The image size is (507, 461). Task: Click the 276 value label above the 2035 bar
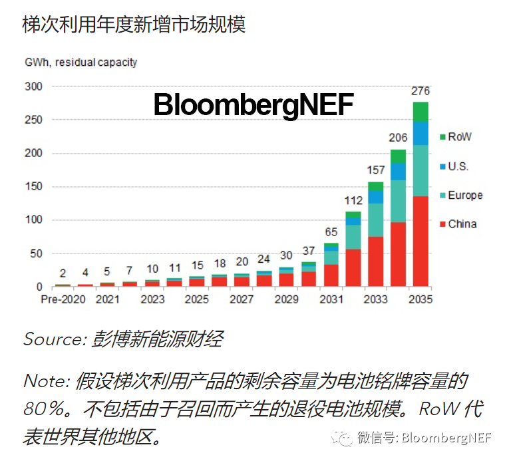click(421, 90)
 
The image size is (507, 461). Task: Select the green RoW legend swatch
click(442, 137)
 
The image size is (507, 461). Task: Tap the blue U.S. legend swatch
click(442, 166)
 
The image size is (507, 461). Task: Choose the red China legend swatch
click(442, 224)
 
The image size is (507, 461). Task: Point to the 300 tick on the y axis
click(33, 86)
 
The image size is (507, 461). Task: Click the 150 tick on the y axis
click(33, 187)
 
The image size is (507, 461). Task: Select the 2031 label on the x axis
click(331, 299)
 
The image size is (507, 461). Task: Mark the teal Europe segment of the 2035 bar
click(421, 170)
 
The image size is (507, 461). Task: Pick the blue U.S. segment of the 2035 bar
click(421, 133)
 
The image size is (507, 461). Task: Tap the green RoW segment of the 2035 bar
click(421, 111)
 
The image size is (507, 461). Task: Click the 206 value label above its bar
click(398, 138)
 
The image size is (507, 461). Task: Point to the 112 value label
click(353, 200)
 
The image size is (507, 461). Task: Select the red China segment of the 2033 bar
click(375, 261)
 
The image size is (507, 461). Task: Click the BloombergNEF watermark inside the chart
click(254, 105)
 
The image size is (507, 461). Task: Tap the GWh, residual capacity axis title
click(80, 63)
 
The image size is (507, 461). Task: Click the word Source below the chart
click(51, 339)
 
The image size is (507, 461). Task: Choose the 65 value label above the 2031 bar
click(331, 232)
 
